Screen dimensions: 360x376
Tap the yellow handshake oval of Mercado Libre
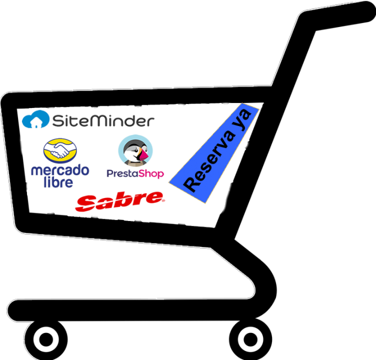60,150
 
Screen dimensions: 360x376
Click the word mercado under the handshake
60,170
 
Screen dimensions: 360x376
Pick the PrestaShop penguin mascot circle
135,151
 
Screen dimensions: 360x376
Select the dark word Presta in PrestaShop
121,174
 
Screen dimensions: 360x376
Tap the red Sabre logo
120,201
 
